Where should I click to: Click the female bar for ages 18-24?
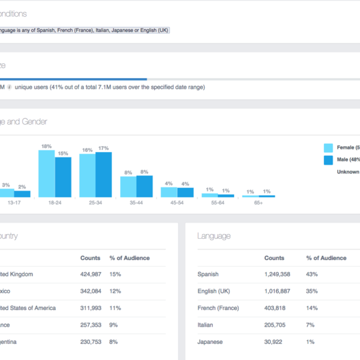pos(46,174)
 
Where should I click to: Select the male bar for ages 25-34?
pos(103,175)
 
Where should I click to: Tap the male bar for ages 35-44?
pos(145,187)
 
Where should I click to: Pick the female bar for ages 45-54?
pos(169,192)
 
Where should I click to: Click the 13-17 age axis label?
pos(15,202)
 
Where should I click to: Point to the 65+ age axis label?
pos(258,202)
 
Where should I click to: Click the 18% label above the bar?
pos(47,146)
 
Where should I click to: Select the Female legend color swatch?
pos(328,148)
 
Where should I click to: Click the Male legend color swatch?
pos(328,160)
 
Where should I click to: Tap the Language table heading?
pos(214,236)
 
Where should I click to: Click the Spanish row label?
pos(208,274)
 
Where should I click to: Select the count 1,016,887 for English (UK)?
pos(278,291)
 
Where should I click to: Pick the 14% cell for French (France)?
pos(311,308)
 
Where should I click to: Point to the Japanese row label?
pos(210,342)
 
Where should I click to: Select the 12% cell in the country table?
pos(115,291)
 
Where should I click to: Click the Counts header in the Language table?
pos(274,258)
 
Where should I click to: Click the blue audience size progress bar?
pos(73,79)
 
